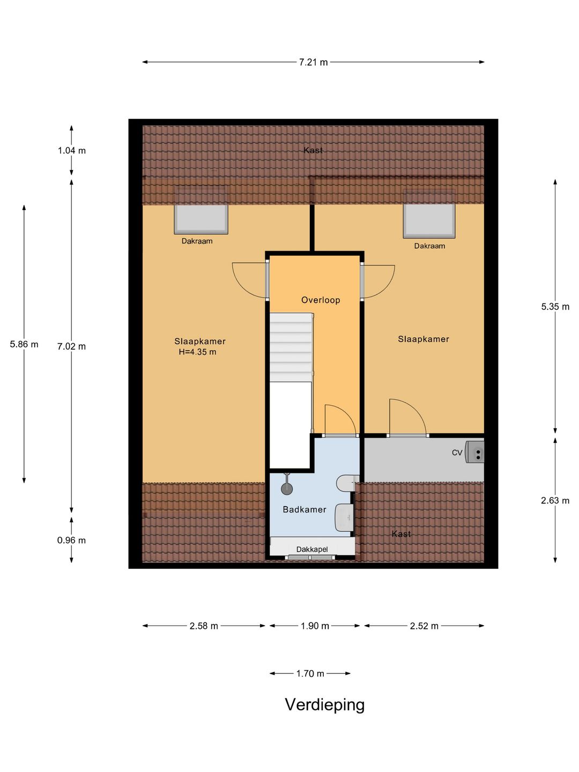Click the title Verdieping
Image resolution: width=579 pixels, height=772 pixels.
[x=324, y=704]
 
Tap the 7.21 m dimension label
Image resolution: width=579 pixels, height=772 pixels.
[x=313, y=62]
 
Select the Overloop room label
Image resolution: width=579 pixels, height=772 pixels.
[x=321, y=300]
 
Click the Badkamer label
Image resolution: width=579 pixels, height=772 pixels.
[x=305, y=509]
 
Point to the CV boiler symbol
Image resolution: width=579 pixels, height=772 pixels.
[x=475, y=452]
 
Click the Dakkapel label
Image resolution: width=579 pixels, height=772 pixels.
[x=312, y=549]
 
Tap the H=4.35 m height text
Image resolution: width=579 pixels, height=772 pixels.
[x=197, y=352]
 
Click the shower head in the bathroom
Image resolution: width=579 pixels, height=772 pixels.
[x=287, y=487]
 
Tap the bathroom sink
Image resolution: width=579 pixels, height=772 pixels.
[x=344, y=518]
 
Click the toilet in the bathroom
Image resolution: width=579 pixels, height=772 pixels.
[x=346, y=482]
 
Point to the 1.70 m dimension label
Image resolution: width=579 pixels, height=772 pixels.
[x=310, y=673]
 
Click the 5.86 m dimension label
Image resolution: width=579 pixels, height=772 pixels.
[x=24, y=344]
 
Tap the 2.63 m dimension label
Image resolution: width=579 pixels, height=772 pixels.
[x=555, y=500]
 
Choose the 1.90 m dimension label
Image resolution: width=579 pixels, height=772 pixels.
[x=315, y=626]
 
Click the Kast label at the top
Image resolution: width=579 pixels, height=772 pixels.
[x=313, y=150]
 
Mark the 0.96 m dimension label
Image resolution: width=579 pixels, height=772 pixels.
[x=71, y=540]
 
